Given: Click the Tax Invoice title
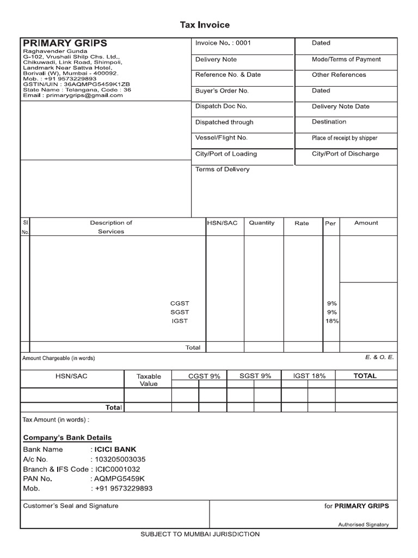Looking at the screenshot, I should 205,25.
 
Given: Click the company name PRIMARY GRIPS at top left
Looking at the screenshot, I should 65,43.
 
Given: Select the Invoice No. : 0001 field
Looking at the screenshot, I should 223,43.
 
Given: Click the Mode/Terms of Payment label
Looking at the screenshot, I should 346,59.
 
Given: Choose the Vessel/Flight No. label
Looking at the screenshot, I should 221,138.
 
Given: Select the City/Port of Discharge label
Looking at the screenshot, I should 345,154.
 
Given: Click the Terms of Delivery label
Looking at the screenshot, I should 222,169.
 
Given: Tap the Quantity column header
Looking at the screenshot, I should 262,223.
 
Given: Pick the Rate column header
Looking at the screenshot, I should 302,223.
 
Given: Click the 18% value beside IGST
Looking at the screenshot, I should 331,322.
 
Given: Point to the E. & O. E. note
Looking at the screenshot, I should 379,357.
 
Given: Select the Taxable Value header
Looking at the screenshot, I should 149,380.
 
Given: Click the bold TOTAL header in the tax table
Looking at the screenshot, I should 365,376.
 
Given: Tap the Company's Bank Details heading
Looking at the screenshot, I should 67,438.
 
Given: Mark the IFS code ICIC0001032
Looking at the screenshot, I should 118,469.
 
